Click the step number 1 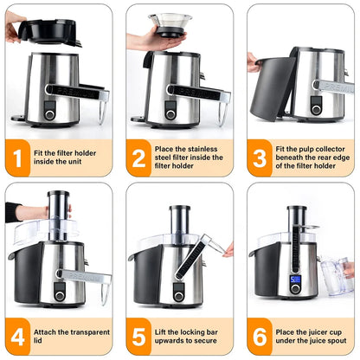[16, 158]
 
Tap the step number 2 [138, 158]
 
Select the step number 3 [259, 158]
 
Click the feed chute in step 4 [58, 214]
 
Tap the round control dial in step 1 [49, 114]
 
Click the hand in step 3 [253, 61]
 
